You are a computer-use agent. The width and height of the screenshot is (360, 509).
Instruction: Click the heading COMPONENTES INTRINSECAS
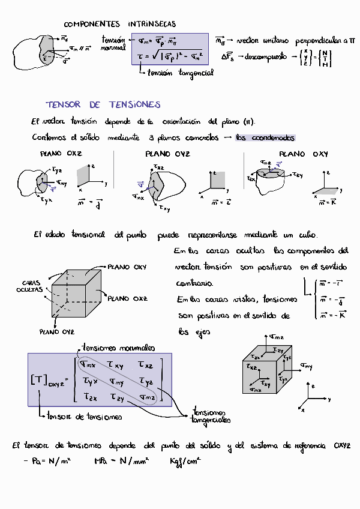[120, 24]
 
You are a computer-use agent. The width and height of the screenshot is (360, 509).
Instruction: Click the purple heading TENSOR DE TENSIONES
[103, 104]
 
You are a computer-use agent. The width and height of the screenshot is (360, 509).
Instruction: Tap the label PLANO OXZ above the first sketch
[61, 154]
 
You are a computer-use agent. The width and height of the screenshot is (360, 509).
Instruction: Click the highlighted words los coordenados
[265, 137]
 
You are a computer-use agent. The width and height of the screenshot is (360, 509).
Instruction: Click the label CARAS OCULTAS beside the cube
[31, 286]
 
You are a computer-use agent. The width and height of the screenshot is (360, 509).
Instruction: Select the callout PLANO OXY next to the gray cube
[127, 267]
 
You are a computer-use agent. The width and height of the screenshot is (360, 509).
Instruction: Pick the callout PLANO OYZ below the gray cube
[57, 331]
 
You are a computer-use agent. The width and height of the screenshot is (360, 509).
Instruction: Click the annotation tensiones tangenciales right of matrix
[211, 416]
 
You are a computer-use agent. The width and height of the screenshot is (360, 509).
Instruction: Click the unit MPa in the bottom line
[101, 461]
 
